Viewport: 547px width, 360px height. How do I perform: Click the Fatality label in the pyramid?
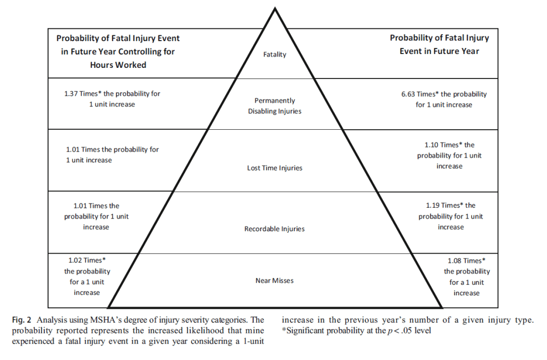[x=275, y=54]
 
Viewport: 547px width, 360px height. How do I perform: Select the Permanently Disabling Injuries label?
[x=275, y=106]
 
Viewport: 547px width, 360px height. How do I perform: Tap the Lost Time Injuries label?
[x=275, y=168]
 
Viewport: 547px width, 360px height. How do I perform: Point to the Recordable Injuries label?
[x=275, y=229]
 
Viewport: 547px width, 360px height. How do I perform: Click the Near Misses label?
[x=275, y=280]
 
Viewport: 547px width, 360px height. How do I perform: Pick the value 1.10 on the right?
[x=433, y=145]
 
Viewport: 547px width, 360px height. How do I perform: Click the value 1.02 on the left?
[x=77, y=260]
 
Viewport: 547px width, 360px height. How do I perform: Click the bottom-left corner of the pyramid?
[x=109, y=307]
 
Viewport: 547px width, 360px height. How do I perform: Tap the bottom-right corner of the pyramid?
[x=442, y=307]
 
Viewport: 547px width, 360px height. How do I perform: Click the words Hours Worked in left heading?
[x=118, y=65]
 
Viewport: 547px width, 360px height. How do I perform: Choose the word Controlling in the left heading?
[x=137, y=52]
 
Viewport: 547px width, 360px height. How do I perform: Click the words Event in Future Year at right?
[x=439, y=51]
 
